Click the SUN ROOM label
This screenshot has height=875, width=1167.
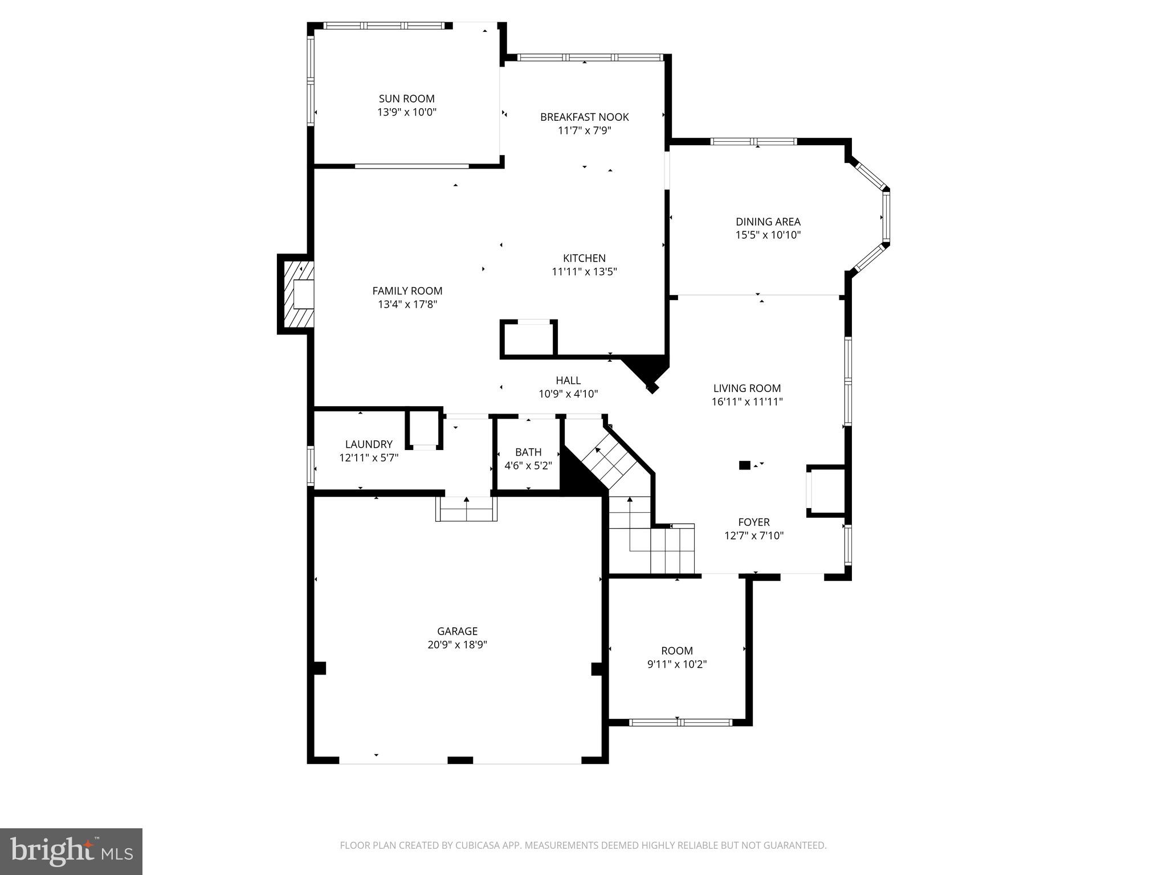pos(406,99)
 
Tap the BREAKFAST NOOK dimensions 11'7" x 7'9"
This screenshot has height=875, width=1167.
pos(584,130)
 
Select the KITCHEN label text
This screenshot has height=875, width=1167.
pos(584,258)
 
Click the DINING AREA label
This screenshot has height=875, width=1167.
pos(768,222)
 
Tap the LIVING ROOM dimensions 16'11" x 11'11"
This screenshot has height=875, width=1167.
pos(746,402)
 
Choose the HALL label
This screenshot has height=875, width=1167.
pos(568,381)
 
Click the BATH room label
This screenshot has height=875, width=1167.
pos(528,452)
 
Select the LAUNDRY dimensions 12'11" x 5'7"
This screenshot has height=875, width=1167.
pos(369,457)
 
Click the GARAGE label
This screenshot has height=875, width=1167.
pos(457,631)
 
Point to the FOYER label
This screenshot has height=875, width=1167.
pos(753,522)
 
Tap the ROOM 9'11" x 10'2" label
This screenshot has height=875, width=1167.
pos(677,651)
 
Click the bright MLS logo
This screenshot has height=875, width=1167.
pos(71,851)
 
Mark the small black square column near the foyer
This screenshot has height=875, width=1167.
pos(744,465)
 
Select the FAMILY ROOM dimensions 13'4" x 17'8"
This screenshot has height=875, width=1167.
pos(407,304)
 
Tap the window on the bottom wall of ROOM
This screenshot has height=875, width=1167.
pos(680,722)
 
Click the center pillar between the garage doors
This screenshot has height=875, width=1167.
pos(460,760)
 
